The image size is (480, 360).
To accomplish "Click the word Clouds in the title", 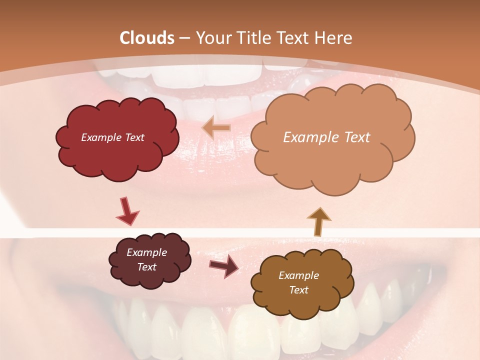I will (147, 38).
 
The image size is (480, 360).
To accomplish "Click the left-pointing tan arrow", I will (216, 128).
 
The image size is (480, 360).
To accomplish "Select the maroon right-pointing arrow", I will (223, 266).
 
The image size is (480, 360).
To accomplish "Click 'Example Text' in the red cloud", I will (112, 137).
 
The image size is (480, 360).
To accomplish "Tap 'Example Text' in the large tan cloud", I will (326, 137).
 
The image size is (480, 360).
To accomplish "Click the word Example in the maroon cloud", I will (146, 252).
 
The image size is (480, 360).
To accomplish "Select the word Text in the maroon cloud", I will (146, 267).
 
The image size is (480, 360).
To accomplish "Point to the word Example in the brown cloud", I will (298, 275).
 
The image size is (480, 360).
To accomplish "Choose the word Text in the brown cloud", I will (298, 290).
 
